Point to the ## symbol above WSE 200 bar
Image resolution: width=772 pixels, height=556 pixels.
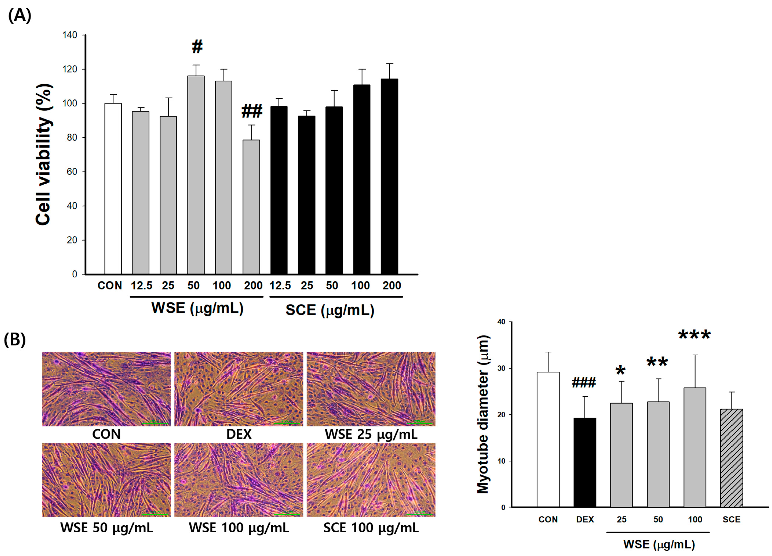[252, 112]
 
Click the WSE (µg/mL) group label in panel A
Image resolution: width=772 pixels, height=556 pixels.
[197, 308]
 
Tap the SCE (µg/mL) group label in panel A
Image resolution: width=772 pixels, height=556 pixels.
[329, 310]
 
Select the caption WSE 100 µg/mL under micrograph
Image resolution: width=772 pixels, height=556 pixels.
[239, 527]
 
